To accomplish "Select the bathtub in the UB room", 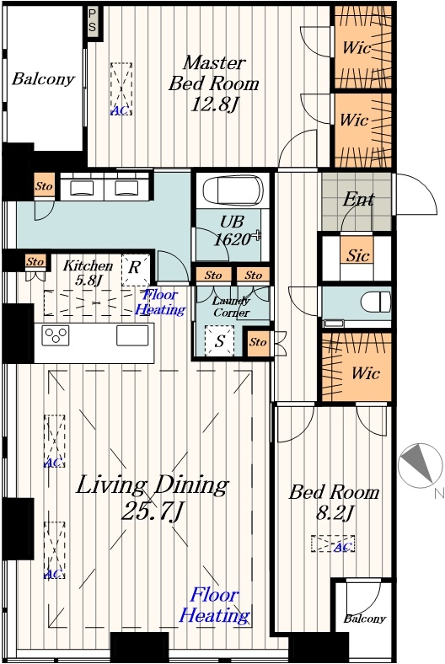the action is coord(231,190).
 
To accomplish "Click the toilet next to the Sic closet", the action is coord(376,303).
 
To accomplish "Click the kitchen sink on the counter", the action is coord(132,335).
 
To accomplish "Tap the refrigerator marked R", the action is coord(136,270).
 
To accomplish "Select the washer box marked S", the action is coord(219,341).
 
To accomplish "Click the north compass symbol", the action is coord(421,466).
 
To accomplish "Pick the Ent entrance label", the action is coord(359,199).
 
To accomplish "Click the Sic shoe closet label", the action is coord(358,255).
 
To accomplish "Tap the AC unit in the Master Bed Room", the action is coord(121,89).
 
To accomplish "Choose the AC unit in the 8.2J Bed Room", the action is coord(333,544).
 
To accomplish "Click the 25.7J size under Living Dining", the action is coord(152,511).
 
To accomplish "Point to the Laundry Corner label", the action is coord(231,307).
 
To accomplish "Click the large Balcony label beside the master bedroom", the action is coord(43,79).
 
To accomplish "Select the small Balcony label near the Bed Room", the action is coord(365,618).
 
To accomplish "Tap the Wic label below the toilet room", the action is coord(366,373).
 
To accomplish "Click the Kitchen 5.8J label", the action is coord(88,272).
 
